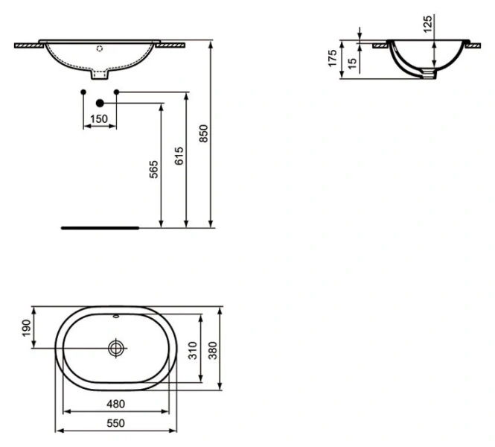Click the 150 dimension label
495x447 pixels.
point(99,119)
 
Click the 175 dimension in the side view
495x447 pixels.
point(333,58)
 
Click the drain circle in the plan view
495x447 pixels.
point(117,348)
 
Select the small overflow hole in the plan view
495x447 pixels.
point(117,317)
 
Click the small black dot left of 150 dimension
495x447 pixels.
point(83,92)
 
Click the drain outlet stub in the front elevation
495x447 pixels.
point(100,74)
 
